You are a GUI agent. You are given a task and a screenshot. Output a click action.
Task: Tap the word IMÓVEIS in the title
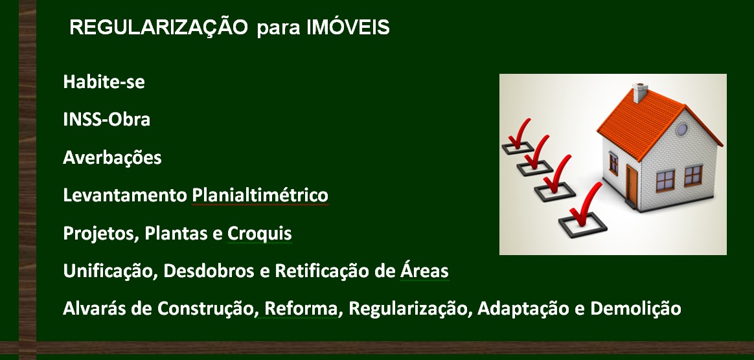pyautogui.click(x=348, y=27)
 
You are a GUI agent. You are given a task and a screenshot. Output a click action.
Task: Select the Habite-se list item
pyautogui.click(x=104, y=82)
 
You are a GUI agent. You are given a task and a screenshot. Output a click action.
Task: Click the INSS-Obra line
pyautogui.click(x=106, y=119)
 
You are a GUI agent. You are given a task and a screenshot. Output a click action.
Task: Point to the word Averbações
pyautogui.click(x=112, y=157)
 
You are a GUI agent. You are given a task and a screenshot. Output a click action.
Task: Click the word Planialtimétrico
pyautogui.click(x=260, y=195)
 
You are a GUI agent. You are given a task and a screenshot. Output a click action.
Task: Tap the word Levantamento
pyautogui.click(x=125, y=195)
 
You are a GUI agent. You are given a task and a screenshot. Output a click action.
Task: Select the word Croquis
pyautogui.click(x=259, y=234)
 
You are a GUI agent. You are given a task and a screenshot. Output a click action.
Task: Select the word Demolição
pyautogui.click(x=635, y=308)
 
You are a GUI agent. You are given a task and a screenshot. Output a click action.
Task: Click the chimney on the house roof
pyautogui.click(x=639, y=93)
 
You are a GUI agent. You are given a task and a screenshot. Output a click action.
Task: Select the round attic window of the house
pyautogui.click(x=682, y=129)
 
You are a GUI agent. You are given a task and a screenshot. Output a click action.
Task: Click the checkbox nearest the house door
pyautogui.click(x=582, y=224)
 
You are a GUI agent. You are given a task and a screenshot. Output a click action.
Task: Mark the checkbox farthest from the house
pyautogui.click(x=518, y=147)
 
